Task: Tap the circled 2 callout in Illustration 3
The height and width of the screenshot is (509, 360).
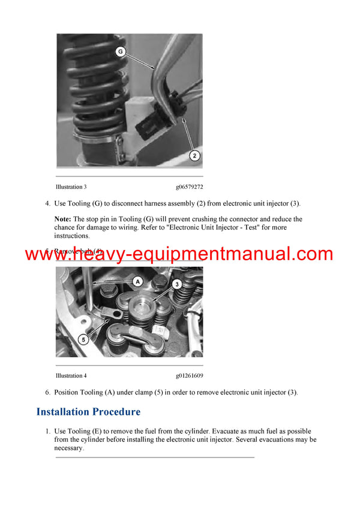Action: point(194,156)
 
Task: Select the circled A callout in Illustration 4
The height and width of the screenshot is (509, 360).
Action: point(137,281)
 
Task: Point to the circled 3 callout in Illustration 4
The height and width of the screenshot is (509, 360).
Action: point(177,283)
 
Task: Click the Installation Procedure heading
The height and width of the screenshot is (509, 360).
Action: point(88,412)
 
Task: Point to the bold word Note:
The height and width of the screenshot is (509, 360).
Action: point(63,219)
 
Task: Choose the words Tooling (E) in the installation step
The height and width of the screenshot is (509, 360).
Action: point(86,431)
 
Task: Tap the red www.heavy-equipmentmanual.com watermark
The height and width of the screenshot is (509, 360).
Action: point(179,254)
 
